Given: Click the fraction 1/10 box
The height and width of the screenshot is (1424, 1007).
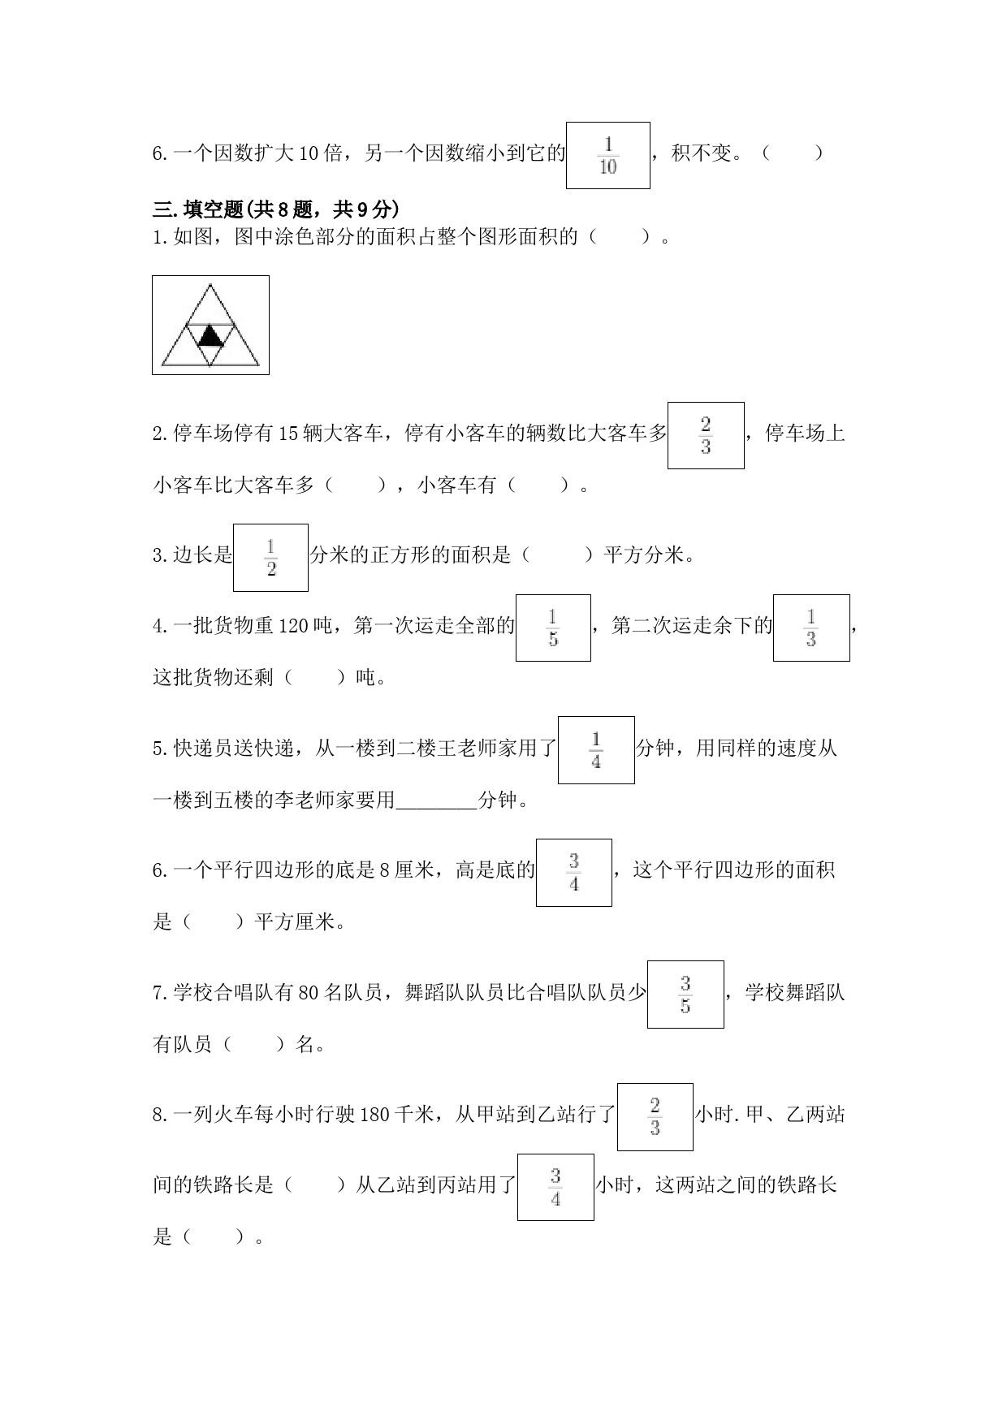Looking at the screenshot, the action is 607,155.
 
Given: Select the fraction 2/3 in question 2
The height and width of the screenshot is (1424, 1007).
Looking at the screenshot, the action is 706,435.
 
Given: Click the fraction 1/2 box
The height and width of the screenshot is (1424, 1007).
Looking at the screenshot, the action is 270,558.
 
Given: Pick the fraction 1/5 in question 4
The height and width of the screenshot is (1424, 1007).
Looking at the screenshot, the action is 553,628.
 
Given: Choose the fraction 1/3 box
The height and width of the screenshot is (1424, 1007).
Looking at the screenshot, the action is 811,628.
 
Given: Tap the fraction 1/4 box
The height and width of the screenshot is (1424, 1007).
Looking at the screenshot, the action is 596,750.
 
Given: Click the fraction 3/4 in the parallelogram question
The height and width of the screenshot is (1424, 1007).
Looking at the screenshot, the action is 574,873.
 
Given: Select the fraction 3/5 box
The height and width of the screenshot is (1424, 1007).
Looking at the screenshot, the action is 685,995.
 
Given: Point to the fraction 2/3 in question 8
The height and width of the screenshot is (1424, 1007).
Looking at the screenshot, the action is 655,1117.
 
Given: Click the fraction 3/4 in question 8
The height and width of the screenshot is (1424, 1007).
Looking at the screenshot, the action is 555,1187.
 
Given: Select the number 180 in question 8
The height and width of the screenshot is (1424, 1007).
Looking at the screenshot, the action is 374,1115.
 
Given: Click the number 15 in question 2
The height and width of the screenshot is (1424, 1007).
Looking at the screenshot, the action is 288,434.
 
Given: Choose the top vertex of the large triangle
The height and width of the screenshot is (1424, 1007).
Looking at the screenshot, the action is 210,283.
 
